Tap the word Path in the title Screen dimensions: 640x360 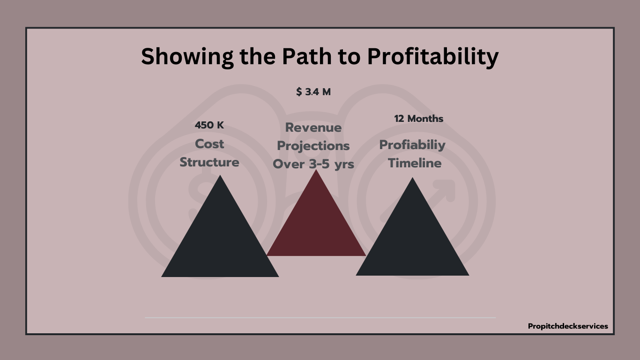(306, 56)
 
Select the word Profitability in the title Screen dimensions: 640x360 (433, 57)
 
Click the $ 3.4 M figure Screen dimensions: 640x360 (313, 92)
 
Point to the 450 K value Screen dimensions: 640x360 (209, 125)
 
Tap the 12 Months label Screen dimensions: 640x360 (418, 119)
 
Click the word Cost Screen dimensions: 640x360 (209, 144)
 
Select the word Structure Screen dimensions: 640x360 (209, 162)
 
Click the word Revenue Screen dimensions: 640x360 (313, 127)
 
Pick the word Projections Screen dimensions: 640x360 (313, 146)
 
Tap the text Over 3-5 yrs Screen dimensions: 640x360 (313, 165)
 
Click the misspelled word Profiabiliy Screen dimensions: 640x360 (412, 145)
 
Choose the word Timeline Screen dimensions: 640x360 (415, 163)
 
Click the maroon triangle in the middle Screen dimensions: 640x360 (316, 226)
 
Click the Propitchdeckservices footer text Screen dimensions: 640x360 (568, 326)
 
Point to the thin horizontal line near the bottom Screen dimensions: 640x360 (320, 318)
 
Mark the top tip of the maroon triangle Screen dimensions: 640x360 (316, 170)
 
